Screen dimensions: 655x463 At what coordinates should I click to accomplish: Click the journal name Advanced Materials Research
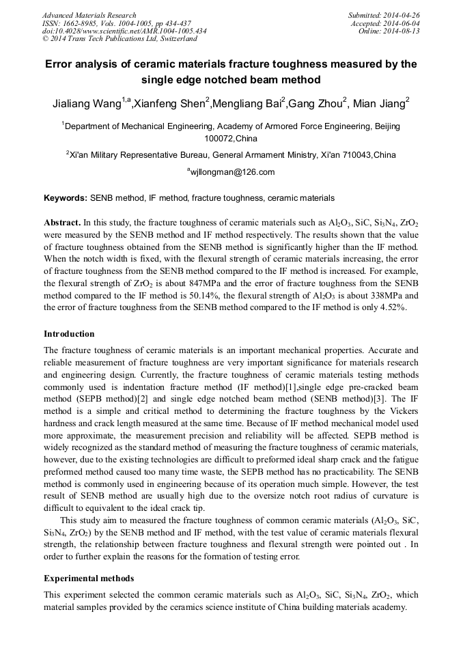coord(89,15)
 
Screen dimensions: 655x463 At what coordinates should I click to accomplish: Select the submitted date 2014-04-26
coord(402,15)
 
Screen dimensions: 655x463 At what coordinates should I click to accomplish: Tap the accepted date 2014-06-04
coord(402,23)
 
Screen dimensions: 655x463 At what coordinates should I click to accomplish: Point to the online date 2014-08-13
coord(402,31)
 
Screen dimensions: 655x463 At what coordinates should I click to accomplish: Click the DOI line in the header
coord(124,31)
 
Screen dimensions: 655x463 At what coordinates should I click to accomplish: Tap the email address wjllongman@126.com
coord(231,172)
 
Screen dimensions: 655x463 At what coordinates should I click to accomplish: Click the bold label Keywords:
coord(66,198)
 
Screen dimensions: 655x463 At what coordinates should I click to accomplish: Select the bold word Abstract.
coord(62,223)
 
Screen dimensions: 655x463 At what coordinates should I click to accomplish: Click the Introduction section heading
coord(69,334)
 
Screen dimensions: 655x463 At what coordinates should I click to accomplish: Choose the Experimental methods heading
coord(89,579)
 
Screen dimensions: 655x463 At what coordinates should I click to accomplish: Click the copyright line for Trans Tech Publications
coord(120,40)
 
